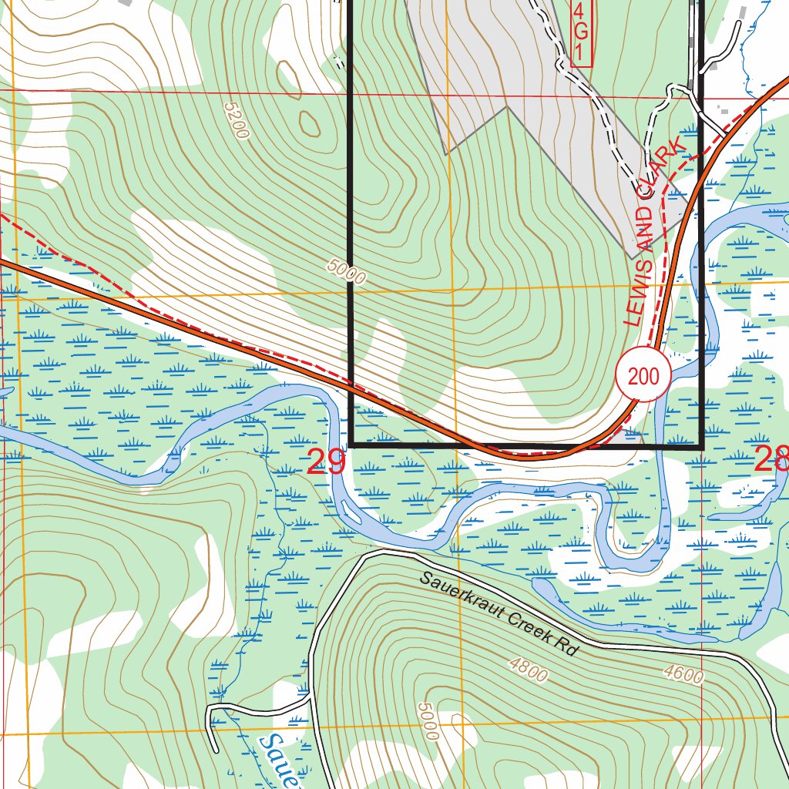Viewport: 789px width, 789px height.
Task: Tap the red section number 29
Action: click(325, 462)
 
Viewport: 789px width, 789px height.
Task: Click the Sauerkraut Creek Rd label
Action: click(499, 613)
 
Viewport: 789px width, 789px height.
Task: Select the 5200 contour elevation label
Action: click(237, 120)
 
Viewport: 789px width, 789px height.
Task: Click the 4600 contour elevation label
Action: click(683, 674)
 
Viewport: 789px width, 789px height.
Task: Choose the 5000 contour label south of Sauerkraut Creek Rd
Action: click(428, 720)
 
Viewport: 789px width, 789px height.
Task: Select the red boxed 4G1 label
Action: click(581, 32)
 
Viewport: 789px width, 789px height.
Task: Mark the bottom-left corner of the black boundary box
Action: click(351, 445)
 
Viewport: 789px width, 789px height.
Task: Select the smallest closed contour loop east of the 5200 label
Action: click(309, 123)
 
